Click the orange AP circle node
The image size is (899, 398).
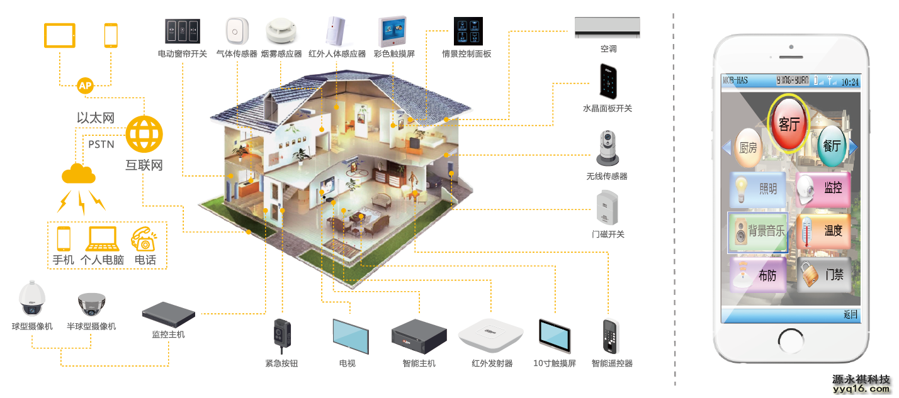click(x=85, y=86)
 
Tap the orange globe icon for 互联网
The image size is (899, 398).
click(x=144, y=133)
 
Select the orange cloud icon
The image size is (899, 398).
click(x=78, y=173)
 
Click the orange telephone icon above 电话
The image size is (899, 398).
click(x=144, y=240)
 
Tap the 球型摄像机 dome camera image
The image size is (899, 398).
click(x=32, y=299)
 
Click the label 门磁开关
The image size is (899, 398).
click(x=608, y=234)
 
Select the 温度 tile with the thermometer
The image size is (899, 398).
click(x=824, y=231)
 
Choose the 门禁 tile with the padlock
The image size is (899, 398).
click(x=824, y=275)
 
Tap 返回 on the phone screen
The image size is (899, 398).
click(x=851, y=314)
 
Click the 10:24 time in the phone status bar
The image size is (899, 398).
click(x=850, y=81)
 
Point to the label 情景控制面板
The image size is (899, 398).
click(x=466, y=54)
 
